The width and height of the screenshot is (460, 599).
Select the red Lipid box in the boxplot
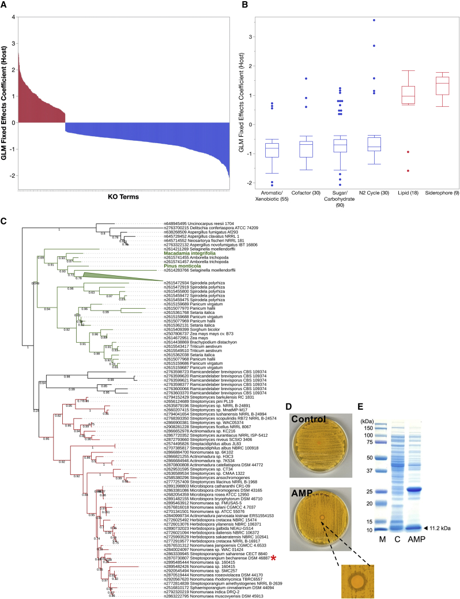tap(409, 95)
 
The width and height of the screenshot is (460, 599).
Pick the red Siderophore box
tap(443, 84)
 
